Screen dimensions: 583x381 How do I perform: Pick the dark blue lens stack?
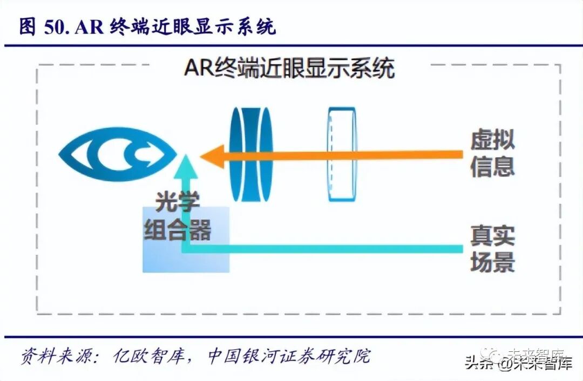pyautogui.click(x=250, y=154)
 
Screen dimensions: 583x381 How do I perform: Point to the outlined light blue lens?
pyautogui.click(x=342, y=154)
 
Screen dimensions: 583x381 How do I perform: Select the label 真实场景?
pyautogui.click(x=492, y=249)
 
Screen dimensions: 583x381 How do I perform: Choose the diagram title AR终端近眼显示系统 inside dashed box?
pyautogui.click(x=289, y=69)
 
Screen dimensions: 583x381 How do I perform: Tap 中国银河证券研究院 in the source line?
pyautogui.click(x=289, y=357)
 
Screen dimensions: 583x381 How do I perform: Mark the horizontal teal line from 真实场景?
pyautogui.click(x=324, y=249)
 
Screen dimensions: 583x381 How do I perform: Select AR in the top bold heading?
pyautogui.click(x=90, y=27)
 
